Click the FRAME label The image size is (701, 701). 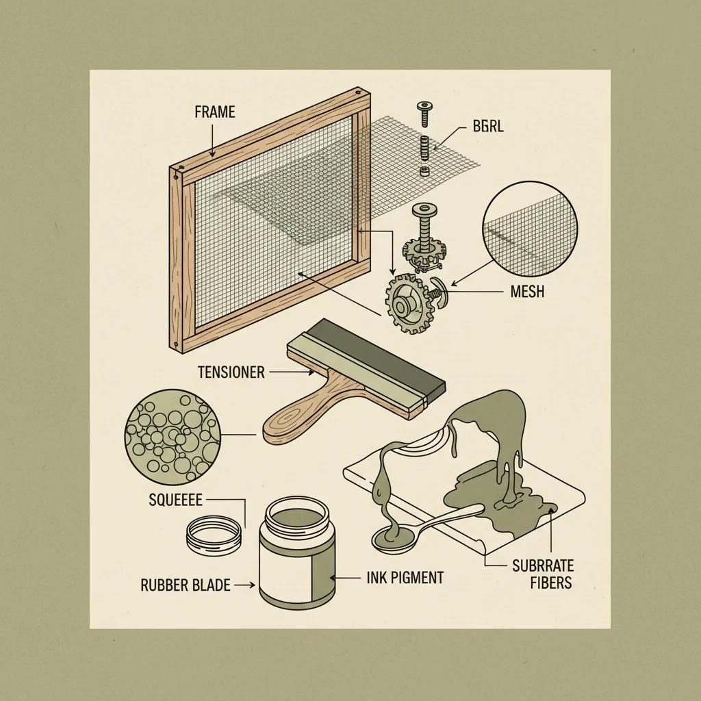[x=214, y=112]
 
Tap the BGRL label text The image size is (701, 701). [x=487, y=127]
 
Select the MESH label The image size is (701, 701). [x=527, y=292]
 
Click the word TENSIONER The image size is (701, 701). [x=231, y=372]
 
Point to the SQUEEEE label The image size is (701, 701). [x=175, y=500]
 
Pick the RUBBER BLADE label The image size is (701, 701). [x=185, y=585]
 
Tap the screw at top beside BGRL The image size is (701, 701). [x=425, y=112]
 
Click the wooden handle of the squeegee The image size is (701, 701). [x=301, y=418]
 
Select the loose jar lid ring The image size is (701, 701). [x=216, y=531]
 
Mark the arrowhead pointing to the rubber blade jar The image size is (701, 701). [x=251, y=585]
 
